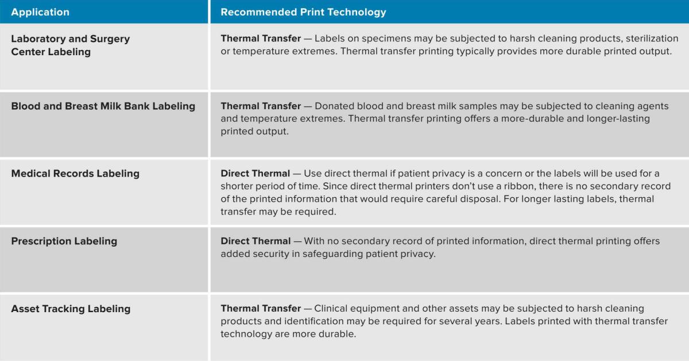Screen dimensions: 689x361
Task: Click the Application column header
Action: point(40,12)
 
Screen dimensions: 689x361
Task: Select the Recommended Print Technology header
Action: point(303,12)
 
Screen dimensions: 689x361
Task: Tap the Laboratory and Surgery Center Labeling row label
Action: point(71,45)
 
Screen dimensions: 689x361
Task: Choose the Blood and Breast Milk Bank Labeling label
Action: point(103,106)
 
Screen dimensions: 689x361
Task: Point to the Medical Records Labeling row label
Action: point(75,174)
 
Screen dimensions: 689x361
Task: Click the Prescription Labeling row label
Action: point(64,241)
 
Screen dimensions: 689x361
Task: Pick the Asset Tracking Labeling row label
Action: point(71,309)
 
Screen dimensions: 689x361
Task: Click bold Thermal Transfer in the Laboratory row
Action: point(261,39)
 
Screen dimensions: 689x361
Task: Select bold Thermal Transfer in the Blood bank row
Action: point(261,106)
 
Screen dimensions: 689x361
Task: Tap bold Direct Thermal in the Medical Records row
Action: point(255,174)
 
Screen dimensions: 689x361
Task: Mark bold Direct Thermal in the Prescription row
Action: point(256,241)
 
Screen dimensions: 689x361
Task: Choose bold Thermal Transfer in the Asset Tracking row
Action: point(261,309)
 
